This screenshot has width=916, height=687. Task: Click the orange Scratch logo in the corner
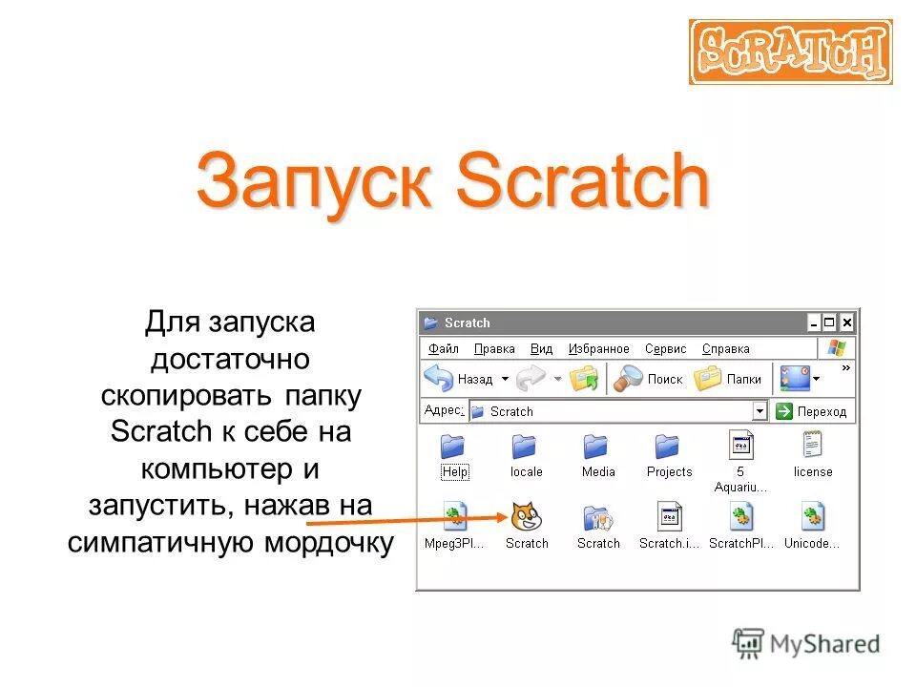coord(790,52)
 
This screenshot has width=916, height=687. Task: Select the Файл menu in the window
coord(444,349)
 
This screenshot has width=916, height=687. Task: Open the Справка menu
coord(725,349)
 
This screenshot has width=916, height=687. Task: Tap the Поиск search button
coord(649,379)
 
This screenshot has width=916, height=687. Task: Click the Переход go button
coord(811,411)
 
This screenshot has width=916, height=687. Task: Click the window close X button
coord(846,323)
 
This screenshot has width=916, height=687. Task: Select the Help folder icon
coord(454,448)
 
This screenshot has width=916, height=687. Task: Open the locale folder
coord(525,448)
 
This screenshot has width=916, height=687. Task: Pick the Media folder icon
coord(597,448)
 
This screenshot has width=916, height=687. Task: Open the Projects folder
coord(668,448)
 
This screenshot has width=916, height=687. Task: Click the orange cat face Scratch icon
coord(526,517)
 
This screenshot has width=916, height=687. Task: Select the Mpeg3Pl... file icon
coord(454,517)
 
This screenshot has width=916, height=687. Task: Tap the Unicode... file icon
coord(812,517)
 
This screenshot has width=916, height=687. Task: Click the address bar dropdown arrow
coord(760,411)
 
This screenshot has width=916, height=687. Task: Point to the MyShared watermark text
coord(825,644)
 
